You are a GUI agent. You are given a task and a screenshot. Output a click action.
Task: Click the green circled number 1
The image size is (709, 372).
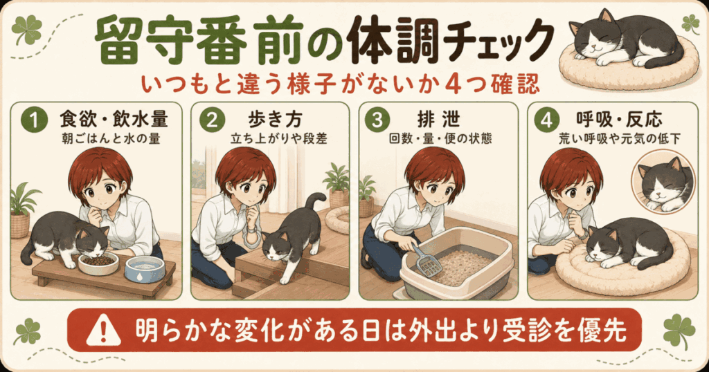coord(34,120)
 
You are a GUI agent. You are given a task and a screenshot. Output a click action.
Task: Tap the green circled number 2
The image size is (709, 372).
coord(212,120)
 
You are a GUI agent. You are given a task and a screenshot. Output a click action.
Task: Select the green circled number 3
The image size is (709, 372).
coord(377,120)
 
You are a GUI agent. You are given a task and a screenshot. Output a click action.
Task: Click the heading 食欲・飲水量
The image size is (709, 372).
coord(114,119)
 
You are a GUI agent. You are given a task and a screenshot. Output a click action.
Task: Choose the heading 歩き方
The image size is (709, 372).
coord(275,119)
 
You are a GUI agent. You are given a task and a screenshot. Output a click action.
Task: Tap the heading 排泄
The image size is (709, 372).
coord(438,119)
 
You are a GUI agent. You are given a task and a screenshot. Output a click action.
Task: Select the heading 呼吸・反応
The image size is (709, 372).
coord(619,119)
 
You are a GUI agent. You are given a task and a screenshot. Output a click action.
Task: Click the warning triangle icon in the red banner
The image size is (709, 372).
coord(104,330)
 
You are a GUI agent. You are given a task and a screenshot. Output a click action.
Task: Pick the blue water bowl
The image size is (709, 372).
coord(144,268)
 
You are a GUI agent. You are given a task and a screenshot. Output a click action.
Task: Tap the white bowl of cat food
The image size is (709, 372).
coord(98,263)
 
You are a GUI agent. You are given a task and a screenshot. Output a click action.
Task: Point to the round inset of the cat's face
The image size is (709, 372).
coord(663,182)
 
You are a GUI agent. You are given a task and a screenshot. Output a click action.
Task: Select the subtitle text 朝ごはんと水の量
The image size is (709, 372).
coord(111,138)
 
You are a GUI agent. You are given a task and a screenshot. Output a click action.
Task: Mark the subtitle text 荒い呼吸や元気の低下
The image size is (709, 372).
coord(620,138)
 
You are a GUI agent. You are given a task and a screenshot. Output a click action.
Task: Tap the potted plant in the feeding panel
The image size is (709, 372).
coord(21,210)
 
